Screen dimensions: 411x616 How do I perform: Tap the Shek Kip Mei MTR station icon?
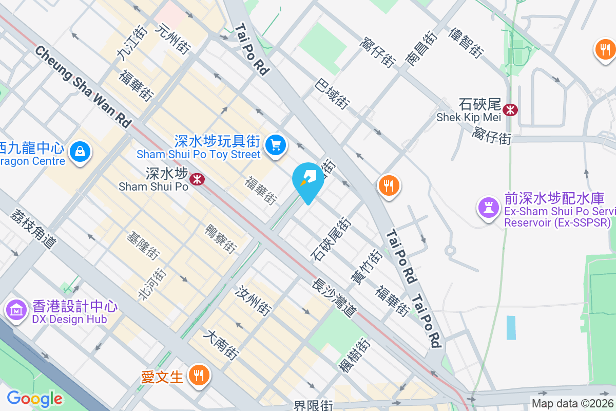(x=511, y=109)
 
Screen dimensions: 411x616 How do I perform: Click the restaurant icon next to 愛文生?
(x=198, y=376)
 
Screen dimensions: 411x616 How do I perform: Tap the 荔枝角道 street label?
(x=32, y=229)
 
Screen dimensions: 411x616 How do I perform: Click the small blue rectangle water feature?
(x=511, y=328)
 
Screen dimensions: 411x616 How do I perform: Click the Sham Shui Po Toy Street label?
(x=199, y=154)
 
